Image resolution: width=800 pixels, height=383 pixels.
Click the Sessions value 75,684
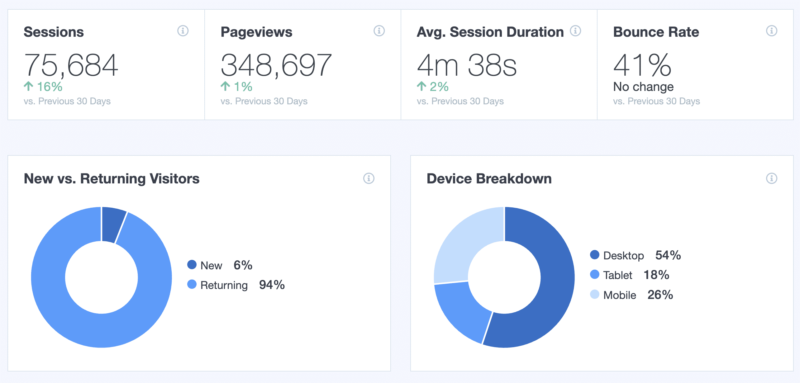(71, 65)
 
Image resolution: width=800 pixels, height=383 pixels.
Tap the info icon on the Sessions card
(183, 31)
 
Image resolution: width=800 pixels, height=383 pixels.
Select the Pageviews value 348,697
(276, 65)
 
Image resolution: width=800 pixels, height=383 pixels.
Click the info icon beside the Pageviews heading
(379, 31)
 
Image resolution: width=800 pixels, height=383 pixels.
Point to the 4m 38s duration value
(467, 65)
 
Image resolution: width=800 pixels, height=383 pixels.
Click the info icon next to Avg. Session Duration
(575, 31)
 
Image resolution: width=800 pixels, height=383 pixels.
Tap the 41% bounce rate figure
(642, 65)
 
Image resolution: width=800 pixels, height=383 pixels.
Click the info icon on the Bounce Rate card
(772, 31)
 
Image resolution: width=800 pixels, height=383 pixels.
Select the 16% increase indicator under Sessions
(44, 87)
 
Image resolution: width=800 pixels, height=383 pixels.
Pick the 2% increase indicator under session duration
(433, 87)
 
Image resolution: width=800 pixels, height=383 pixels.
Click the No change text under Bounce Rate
(643, 87)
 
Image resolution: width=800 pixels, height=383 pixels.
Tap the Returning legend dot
(192, 284)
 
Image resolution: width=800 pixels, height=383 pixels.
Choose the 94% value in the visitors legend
(272, 285)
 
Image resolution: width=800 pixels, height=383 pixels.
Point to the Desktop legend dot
(595, 255)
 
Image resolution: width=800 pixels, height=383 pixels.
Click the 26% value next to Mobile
(660, 295)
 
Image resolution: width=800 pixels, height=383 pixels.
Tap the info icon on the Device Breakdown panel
(772, 178)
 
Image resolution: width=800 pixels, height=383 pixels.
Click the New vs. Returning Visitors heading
(112, 179)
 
